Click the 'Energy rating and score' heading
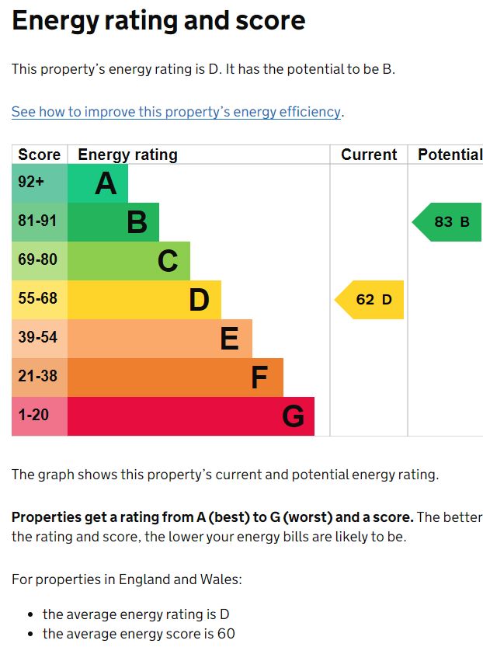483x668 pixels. [158, 21]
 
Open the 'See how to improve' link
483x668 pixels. [176, 112]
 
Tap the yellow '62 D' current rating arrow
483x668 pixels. [371, 300]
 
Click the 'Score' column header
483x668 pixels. [39, 155]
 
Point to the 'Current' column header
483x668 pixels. [369, 155]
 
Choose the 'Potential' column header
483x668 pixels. [450, 155]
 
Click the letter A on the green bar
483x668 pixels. [106, 184]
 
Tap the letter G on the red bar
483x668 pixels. [293, 417]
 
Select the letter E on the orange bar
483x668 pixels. [229, 339]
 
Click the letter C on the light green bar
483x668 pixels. [168, 262]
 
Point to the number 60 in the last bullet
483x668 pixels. [226, 634]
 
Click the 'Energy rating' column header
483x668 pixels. [127, 155]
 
